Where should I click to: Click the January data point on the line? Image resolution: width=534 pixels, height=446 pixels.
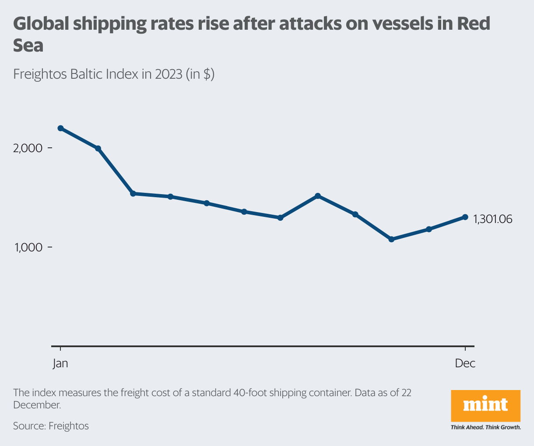tap(60, 128)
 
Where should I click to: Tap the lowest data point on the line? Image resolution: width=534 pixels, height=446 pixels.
tap(392, 239)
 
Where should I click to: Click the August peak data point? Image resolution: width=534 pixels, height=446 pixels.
tap(318, 196)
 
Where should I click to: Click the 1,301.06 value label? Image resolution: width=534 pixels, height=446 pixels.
tap(493, 219)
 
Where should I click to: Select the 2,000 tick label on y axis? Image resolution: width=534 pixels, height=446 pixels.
tap(28, 148)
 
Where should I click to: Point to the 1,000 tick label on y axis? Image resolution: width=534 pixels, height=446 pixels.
tap(28, 247)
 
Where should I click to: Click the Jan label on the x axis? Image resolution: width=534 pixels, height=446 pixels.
tap(60, 363)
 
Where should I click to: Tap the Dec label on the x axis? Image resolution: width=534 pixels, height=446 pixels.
tap(465, 363)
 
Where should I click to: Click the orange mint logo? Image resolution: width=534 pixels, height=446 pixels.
tap(485, 405)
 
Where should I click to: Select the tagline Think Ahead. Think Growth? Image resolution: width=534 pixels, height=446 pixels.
tap(485, 427)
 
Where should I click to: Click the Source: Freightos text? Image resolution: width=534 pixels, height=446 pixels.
tap(51, 425)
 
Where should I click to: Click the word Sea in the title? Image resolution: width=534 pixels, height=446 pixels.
tap(28, 45)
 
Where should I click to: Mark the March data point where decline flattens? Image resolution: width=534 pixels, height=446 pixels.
tap(134, 193)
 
